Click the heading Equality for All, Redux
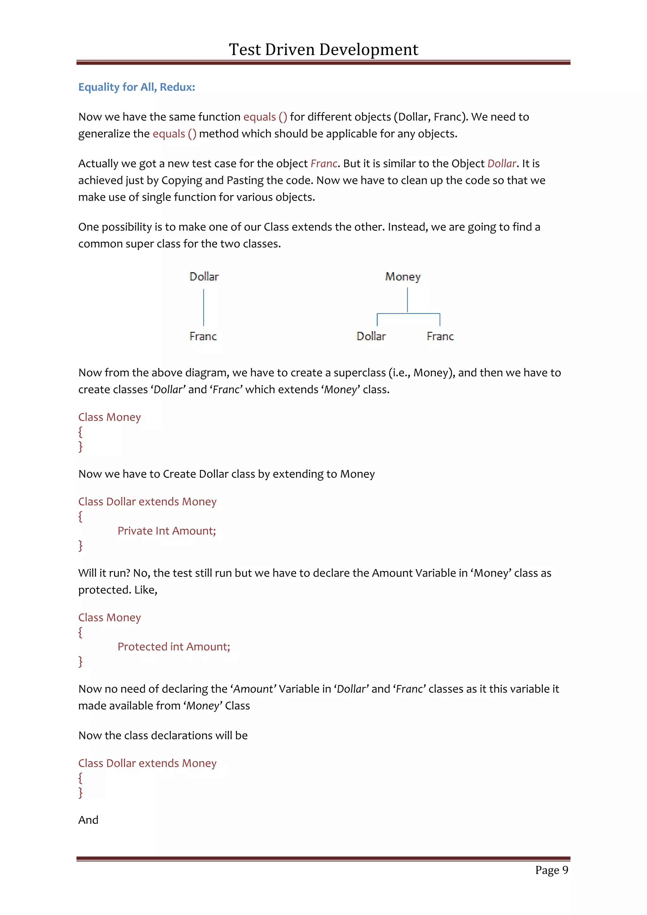click(137, 87)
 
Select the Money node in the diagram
click(403, 276)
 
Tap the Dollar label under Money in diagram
click(371, 336)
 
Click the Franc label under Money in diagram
click(440, 336)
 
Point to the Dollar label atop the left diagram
click(204, 276)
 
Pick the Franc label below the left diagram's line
click(203, 336)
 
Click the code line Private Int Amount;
click(166, 531)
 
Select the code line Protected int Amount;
click(174, 646)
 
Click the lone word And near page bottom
click(88, 820)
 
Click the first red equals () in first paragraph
click(265, 117)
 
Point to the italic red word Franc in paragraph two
click(324, 163)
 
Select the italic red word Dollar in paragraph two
click(502, 163)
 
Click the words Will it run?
click(104, 573)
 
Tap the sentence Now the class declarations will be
click(163, 735)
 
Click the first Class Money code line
click(110, 417)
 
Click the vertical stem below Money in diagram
click(407, 300)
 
